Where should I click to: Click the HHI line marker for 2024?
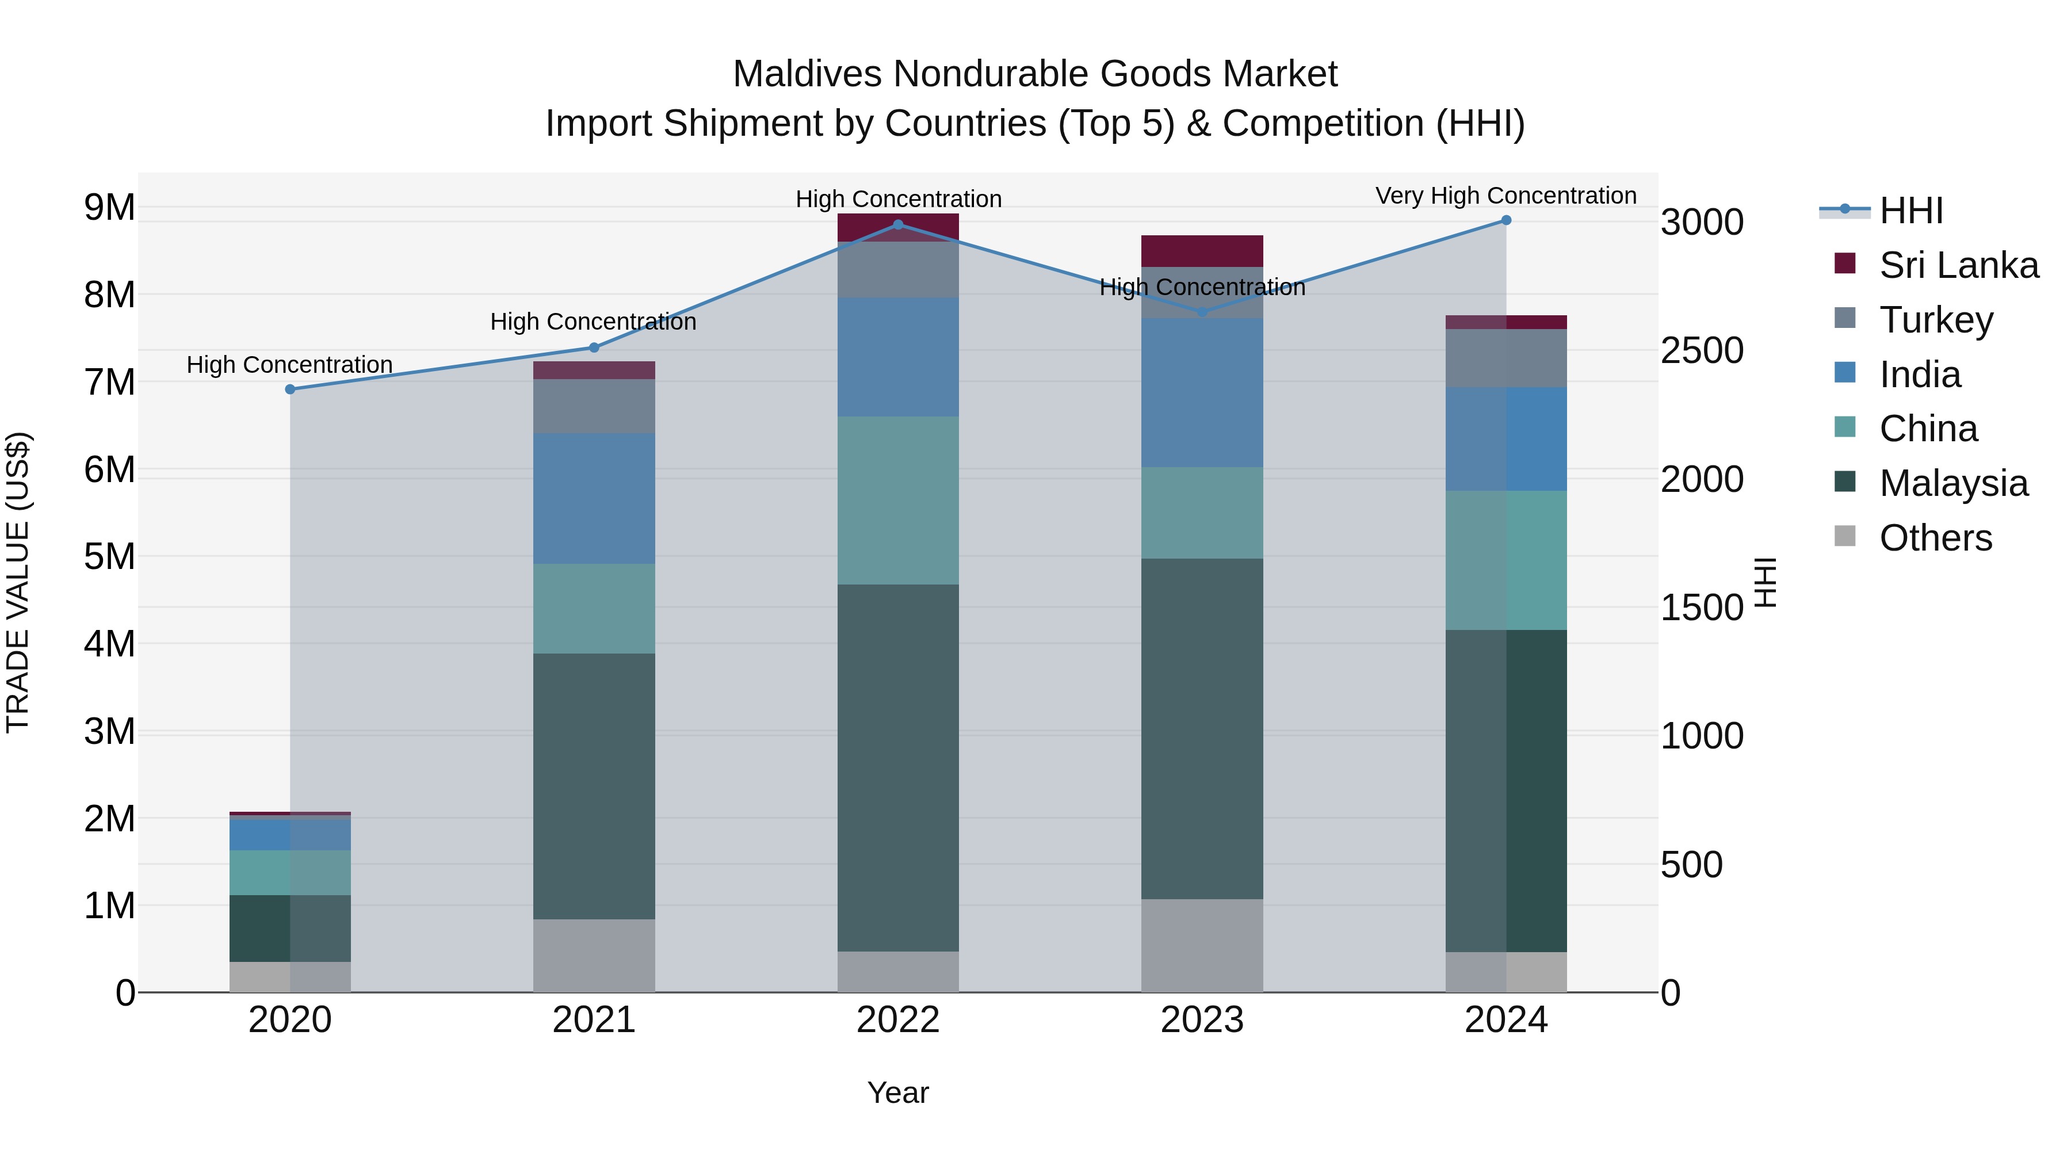pos(1506,220)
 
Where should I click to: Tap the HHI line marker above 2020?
pos(291,389)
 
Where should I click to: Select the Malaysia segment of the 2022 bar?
pos(898,768)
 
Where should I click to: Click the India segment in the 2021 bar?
pos(594,498)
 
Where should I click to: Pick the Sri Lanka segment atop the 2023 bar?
pos(1202,251)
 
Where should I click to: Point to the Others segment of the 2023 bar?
pos(1202,945)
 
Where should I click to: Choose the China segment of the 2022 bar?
pos(898,500)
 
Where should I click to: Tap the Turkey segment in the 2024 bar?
pos(1506,358)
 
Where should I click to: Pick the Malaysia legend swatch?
pos(1845,483)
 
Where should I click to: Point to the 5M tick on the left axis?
pos(109,556)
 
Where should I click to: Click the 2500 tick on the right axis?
pos(1702,350)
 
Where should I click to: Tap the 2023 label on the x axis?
pos(1202,1020)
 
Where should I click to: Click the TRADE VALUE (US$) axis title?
pos(18,582)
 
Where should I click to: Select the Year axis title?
pos(898,1093)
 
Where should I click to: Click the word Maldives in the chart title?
pos(807,74)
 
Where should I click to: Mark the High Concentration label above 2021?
pos(593,322)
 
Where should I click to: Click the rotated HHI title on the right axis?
pos(1765,582)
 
